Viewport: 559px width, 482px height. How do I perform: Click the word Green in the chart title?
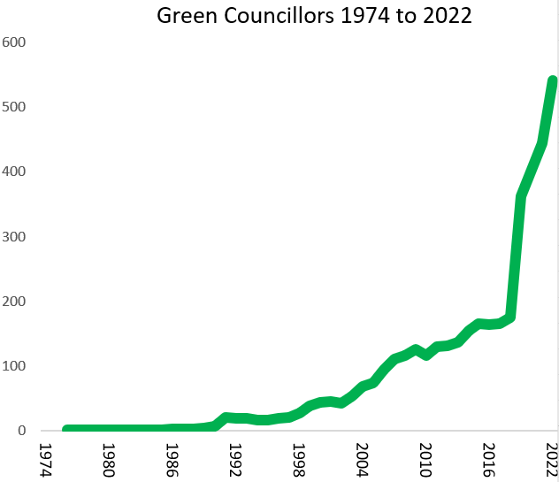(x=183, y=16)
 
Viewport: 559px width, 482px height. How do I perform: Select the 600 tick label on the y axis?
(x=15, y=42)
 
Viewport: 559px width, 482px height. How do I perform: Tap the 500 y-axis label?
(x=15, y=107)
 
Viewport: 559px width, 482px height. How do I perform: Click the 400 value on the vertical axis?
(x=15, y=172)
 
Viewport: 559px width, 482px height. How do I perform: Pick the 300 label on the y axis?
(x=15, y=237)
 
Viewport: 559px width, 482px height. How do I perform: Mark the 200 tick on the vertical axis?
(x=15, y=302)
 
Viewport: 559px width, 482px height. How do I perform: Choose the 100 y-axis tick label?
(x=15, y=366)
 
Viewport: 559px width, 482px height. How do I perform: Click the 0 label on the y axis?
(x=23, y=431)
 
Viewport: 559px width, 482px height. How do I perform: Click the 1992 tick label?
(x=234, y=459)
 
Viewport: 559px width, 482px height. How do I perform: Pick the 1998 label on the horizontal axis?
(x=298, y=459)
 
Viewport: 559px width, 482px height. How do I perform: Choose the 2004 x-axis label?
(x=362, y=459)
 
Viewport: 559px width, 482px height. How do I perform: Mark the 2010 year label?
(x=425, y=459)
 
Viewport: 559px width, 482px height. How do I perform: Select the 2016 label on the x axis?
(x=489, y=459)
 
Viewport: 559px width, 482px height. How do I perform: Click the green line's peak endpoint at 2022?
(x=553, y=81)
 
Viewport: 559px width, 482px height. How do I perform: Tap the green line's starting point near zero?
(x=68, y=430)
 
